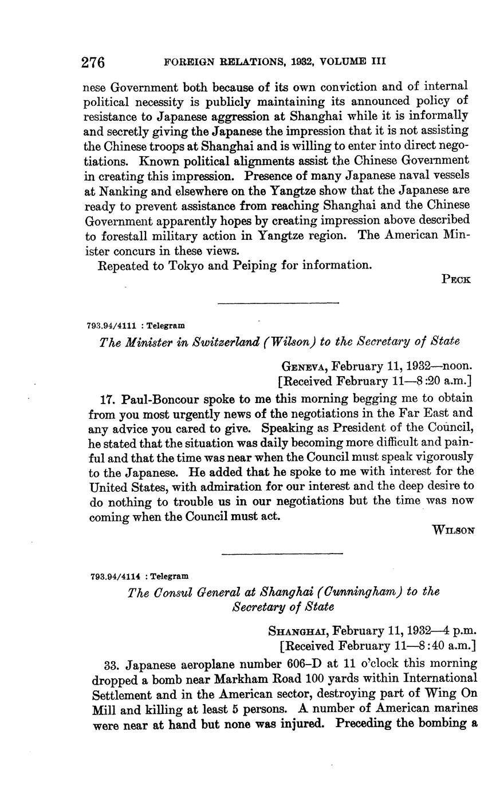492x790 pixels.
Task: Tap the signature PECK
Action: pos(456,279)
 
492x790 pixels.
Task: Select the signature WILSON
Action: pos(454,530)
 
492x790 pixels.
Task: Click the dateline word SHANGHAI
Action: pos(298,631)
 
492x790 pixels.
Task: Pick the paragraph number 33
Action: pos(112,664)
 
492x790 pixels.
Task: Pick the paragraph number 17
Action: pos(108,398)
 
